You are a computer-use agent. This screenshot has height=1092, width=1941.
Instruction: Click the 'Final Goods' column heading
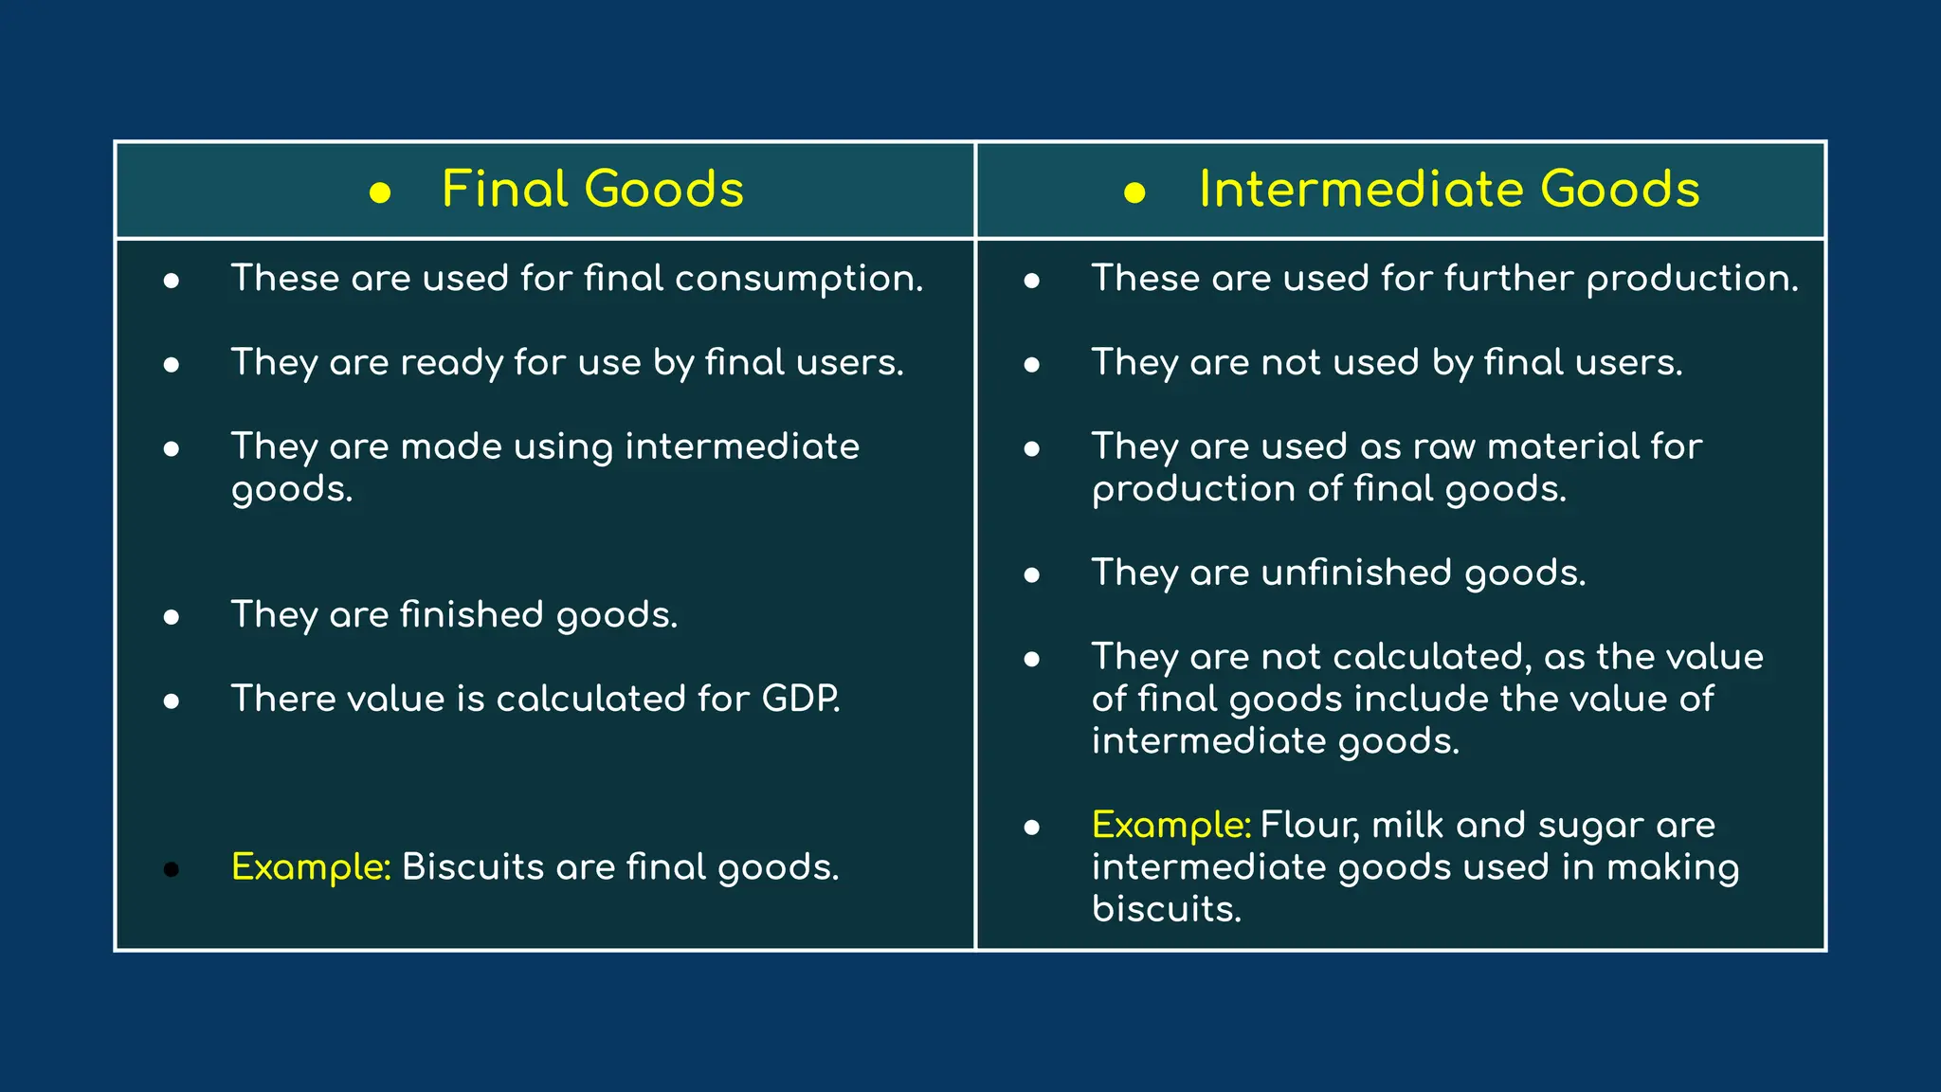592,189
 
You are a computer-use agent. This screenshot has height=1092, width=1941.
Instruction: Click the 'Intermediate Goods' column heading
1448,189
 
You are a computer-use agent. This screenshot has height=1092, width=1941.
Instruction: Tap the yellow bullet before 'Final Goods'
380,193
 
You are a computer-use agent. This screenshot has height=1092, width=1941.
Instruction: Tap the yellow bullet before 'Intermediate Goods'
1134,193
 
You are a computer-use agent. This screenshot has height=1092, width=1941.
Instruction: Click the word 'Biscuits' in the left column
472,866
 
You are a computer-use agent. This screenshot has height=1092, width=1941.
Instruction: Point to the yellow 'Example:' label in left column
311,867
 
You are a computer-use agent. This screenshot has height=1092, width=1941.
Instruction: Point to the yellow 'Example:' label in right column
1171,826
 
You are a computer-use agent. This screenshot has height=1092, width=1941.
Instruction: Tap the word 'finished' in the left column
471,614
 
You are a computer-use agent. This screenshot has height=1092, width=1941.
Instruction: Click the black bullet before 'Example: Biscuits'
172,869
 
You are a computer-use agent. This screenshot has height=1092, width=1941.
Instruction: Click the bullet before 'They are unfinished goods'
1032,575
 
